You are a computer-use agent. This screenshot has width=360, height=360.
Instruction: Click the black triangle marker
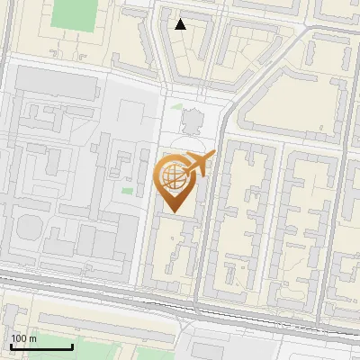[x=181, y=24]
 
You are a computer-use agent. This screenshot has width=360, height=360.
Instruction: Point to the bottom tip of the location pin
[x=175, y=212]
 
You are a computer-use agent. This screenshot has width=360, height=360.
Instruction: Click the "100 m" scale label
[x=23, y=337]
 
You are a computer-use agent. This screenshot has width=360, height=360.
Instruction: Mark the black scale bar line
[x=41, y=346]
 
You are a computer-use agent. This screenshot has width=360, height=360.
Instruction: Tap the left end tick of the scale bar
[x=11, y=345]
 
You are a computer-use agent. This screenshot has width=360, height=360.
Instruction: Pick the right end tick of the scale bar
[x=72, y=345]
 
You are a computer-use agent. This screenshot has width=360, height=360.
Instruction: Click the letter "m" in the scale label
[x=32, y=337]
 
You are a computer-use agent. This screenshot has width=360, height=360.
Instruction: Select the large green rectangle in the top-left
[x=74, y=13]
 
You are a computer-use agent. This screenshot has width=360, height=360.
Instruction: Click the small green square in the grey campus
[x=127, y=190]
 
